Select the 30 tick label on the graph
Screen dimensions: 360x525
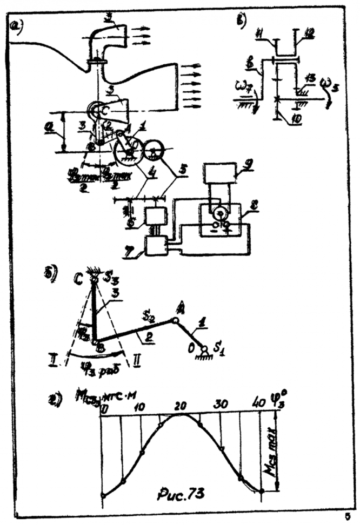[x=221, y=404]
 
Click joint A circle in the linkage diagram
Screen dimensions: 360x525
[x=175, y=320]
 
